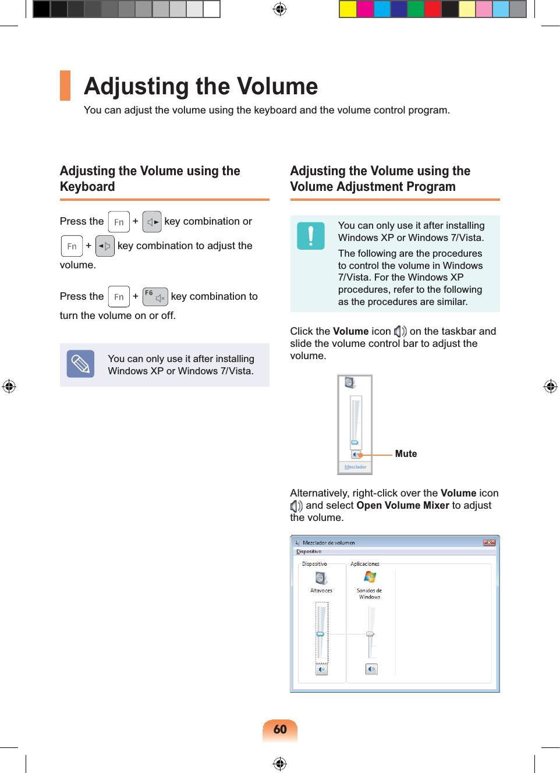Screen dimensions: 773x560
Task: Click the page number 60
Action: [x=280, y=729]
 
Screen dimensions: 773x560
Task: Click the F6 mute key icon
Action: [x=155, y=297]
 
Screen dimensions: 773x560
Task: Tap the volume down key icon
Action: [x=105, y=246]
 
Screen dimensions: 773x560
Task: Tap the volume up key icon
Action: [x=152, y=222]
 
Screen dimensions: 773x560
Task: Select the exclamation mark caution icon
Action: [x=311, y=236]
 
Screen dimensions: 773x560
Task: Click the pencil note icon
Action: [x=80, y=364]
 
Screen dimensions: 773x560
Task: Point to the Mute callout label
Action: [x=406, y=454]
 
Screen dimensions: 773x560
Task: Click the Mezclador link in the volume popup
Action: [x=355, y=467]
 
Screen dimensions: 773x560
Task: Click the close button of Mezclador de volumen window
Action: [x=489, y=542]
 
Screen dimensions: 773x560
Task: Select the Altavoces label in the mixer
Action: [x=321, y=590]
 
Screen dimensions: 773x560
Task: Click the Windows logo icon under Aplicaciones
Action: [x=370, y=576]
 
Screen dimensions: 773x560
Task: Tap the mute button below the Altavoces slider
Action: [x=322, y=669]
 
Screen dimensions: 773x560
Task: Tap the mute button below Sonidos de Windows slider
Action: [x=371, y=669]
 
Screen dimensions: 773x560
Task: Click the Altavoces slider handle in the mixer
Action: [x=320, y=634]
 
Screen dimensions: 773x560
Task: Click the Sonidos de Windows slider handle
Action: [x=370, y=634]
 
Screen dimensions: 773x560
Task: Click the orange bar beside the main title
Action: [x=65, y=86]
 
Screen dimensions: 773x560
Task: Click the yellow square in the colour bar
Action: [x=348, y=9]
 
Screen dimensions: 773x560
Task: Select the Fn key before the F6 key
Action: [x=119, y=297]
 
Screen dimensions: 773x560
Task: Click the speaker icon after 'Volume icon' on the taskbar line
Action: [x=400, y=331]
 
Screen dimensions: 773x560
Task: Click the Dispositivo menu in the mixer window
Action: [x=309, y=551]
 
